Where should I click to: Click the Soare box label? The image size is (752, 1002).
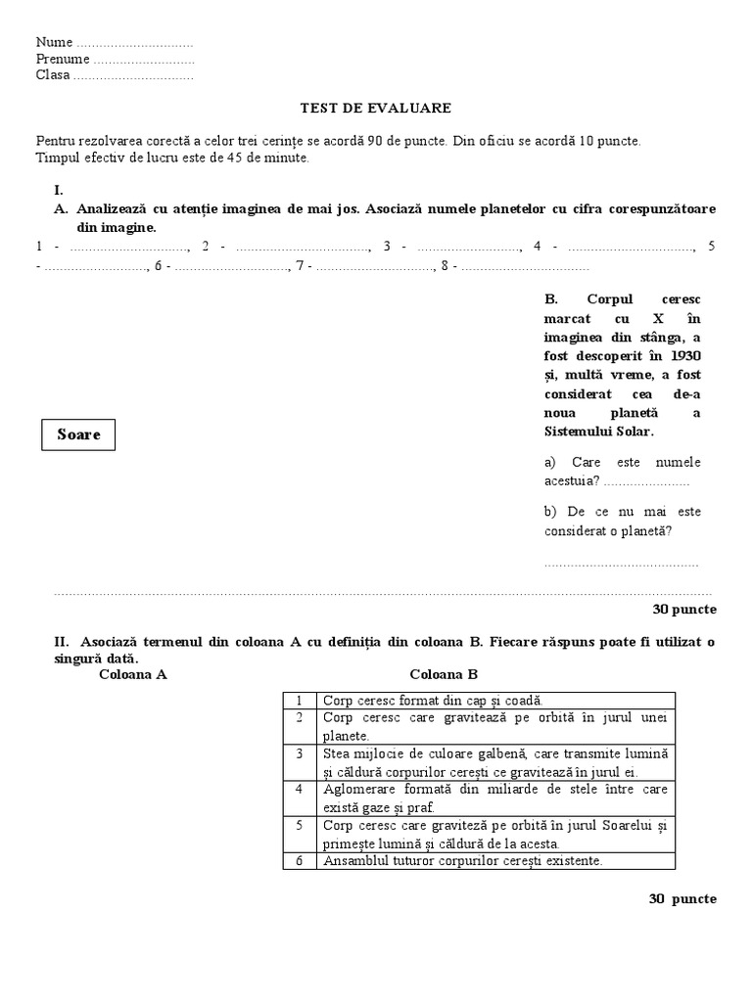click(x=78, y=434)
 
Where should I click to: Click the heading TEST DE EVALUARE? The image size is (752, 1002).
click(x=375, y=108)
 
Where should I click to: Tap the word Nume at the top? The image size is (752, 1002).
click(x=54, y=42)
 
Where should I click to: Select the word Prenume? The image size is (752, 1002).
click(x=63, y=59)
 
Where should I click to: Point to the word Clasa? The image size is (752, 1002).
click(x=53, y=75)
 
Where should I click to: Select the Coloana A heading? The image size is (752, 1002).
click(x=133, y=674)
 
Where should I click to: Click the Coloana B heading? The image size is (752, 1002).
click(x=443, y=674)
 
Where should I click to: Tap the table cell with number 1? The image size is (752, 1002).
click(x=299, y=701)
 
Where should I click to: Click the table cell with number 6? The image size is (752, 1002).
click(x=299, y=861)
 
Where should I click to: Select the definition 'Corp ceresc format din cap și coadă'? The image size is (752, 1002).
click(x=432, y=701)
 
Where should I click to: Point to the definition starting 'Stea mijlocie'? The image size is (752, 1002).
click(x=494, y=762)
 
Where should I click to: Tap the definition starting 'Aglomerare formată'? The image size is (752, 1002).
click(x=494, y=798)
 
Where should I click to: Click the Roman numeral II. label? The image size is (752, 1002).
click(x=62, y=642)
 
